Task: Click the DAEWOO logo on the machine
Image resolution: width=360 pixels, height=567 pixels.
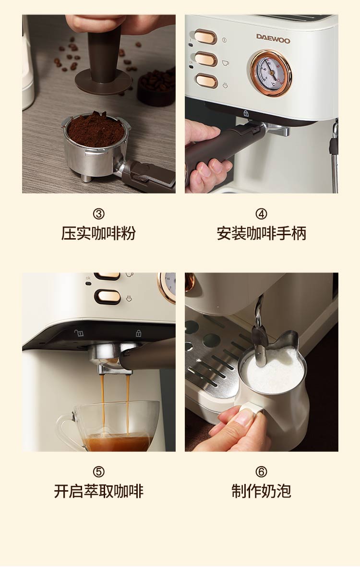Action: (x=273, y=38)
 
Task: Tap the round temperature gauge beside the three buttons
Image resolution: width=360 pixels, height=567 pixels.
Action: (x=271, y=72)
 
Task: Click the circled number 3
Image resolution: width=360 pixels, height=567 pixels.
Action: (x=99, y=214)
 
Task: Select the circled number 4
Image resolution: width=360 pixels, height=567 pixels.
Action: (x=261, y=214)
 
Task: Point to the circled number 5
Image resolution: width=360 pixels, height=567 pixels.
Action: (x=99, y=471)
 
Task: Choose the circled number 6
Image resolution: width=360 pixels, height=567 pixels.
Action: (x=261, y=471)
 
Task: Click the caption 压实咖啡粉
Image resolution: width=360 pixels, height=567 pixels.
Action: (x=98, y=233)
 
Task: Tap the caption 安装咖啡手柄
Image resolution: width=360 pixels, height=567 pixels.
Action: (x=261, y=233)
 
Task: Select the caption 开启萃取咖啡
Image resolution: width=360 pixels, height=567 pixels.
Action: (x=99, y=491)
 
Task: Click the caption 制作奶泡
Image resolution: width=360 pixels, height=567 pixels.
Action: (x=261, y=491)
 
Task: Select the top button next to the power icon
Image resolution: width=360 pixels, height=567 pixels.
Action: (x=205, y=37)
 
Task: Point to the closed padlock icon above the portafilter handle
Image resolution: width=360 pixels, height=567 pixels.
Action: (x=246, y=113)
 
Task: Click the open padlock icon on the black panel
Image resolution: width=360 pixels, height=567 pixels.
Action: (x=79, y=333)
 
